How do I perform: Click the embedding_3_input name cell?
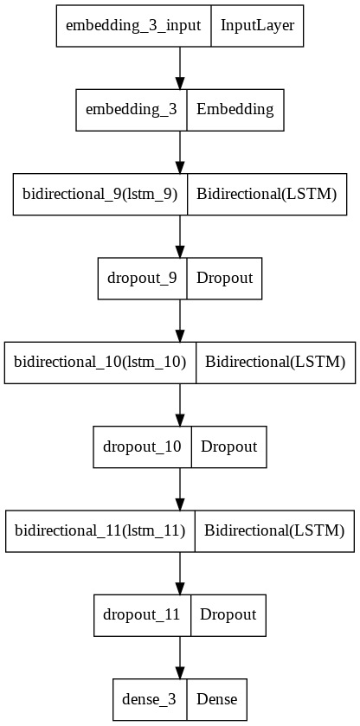[x=134, y=26]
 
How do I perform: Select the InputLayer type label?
[x=257, y=26]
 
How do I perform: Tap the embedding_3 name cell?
[x=132, y=110]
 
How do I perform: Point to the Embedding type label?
[x=235, y=110]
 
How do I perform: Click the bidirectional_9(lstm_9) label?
[x=100, y=194]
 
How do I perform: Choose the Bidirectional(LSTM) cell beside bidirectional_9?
[x=266, y=194]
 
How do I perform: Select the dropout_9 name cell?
[x=142, y=278]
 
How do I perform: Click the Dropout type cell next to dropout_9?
[x=224, y=278]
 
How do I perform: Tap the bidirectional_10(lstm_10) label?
[x=100, y=362]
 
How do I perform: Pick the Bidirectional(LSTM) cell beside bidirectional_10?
[x=274, y=362]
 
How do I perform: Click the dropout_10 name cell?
[x=142, y=447]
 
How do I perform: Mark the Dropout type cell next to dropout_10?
[x=228, y=447]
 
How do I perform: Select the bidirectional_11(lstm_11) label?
[x=100, y=530]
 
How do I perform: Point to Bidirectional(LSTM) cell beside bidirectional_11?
[x=274, y=530]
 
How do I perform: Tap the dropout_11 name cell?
[x=142, y=614]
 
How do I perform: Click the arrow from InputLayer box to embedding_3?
[x=180, y=67]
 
